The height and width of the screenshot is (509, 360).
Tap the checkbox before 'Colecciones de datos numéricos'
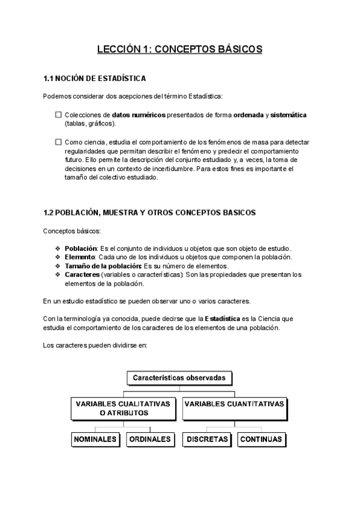(58, 115)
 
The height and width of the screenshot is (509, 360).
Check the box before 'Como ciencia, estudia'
(58, 142)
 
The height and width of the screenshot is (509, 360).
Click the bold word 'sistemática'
(289, 115)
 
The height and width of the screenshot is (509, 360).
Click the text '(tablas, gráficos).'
(90, 123)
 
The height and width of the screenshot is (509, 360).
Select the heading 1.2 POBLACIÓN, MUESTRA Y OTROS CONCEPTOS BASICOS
(149, 212)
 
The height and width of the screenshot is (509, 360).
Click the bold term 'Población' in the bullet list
(80, 248)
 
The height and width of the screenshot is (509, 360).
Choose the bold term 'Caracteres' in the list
(82, 275)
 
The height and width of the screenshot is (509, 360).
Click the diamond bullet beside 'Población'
(58, 248)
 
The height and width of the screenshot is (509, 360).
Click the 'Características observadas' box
(179, 378)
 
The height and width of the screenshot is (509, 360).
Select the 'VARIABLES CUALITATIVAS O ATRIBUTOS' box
(124, 408)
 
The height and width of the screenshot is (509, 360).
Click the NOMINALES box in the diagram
(95, 439)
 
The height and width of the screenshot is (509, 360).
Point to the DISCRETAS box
(207, 439)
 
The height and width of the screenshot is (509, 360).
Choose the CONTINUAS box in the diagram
(260, 439)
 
